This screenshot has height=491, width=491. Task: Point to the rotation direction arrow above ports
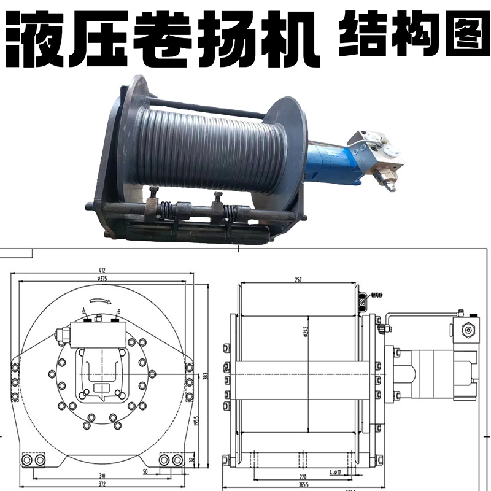pos(99,301)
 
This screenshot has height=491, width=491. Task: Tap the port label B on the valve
pos(118,311)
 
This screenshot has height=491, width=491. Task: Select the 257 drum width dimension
pos(298,280)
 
